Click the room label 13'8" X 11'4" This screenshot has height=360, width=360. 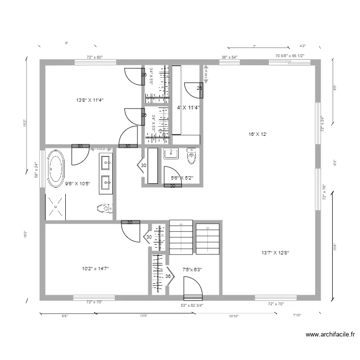click(x=90, y=100)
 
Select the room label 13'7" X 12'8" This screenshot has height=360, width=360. click(x=275, y=252)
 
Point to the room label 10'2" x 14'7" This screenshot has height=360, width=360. click(x=95, y=269)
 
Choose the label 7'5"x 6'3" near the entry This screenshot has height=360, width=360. click(x=192, y=269)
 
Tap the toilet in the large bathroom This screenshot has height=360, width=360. click(x=103, y=208)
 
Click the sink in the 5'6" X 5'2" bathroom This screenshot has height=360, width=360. click(x=170, y=154)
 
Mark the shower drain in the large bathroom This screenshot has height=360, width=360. click(x=55, y=207)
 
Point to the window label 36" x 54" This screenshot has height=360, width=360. click(x=229, y=57)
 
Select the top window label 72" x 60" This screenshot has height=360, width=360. click(x=95, y=57)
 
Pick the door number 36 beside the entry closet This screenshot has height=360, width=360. click(x=168, y=276)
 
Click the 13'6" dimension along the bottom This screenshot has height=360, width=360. click(x=143, y=316)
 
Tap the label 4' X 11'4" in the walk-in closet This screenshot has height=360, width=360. click(x=189, y=108)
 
